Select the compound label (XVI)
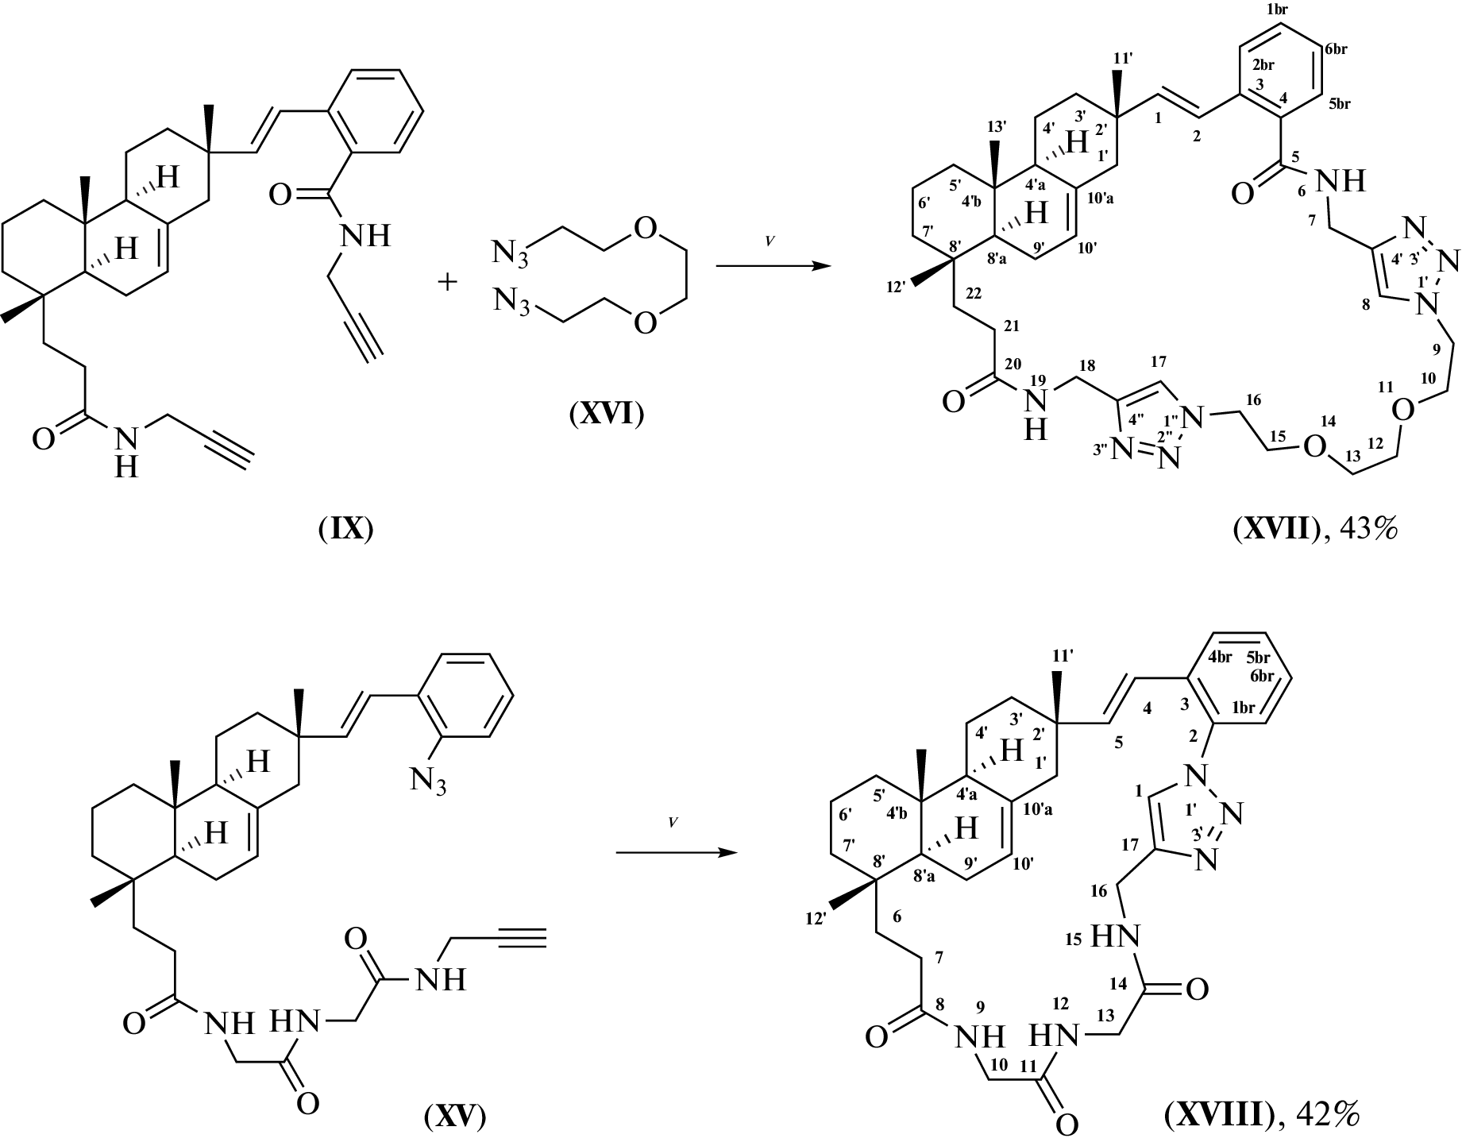point(607,414)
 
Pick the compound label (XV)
point(454,1116)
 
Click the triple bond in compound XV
point(519,938)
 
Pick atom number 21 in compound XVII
point(1012,326)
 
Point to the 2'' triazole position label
point(1165,435)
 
